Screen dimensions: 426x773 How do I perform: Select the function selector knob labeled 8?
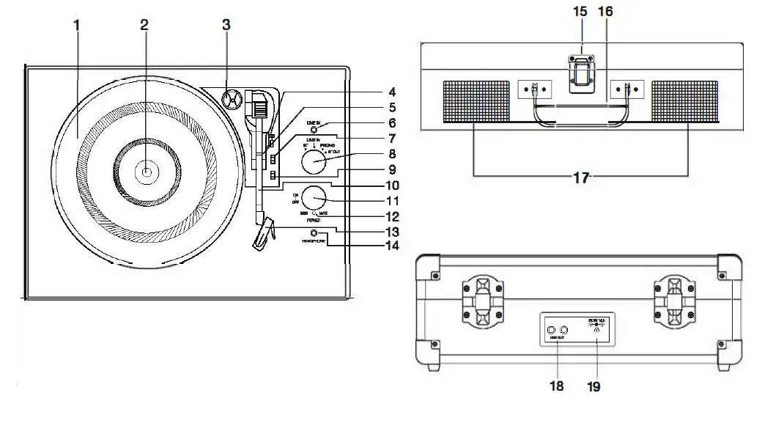point(315,160)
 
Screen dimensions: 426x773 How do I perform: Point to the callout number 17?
point(581,177)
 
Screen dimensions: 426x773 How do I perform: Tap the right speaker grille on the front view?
point(687,102)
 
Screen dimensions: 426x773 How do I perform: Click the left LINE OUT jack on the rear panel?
point(552,331)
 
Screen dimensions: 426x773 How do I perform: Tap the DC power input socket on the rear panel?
point(596,331)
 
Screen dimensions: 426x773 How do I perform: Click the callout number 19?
point(594,386)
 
